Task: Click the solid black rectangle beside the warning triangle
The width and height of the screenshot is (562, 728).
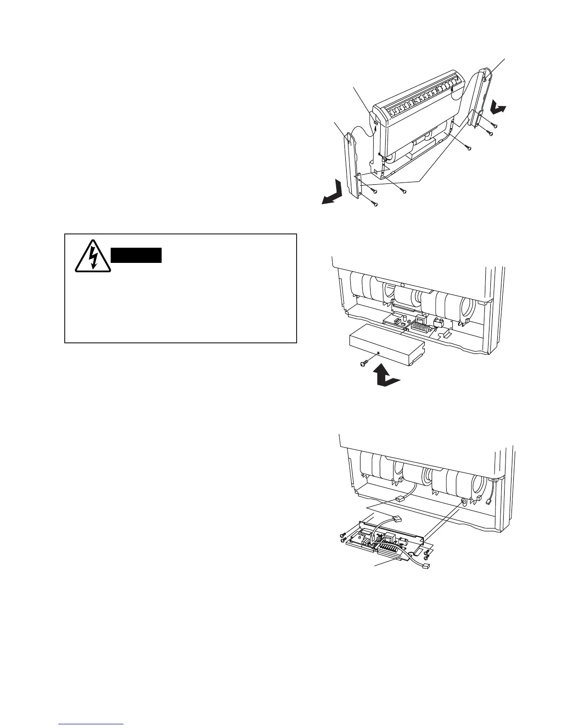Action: click(136, 255)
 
